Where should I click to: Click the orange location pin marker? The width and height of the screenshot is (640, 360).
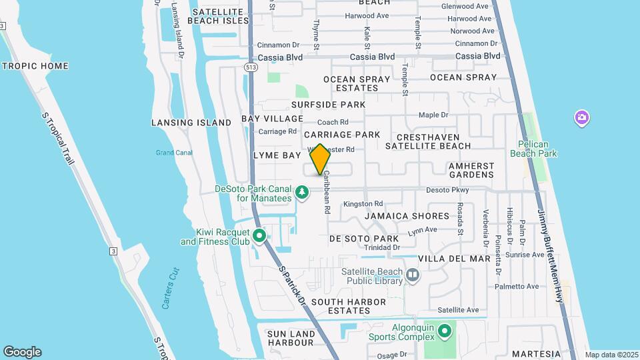[x=320, y=159]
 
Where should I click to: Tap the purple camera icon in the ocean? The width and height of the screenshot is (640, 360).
[x=582, y=118]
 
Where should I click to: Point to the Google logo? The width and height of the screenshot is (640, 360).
[x=22, y=352]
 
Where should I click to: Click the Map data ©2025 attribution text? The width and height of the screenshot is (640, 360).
[x=611, y=355]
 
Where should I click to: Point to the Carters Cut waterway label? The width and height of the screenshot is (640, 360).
[x=171, y=287]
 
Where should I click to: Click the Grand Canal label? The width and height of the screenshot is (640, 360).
[x=174, y=153]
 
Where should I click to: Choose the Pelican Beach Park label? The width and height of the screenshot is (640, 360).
[x=533, y=149]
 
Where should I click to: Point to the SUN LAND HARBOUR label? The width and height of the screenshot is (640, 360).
[x=290, y=337]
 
